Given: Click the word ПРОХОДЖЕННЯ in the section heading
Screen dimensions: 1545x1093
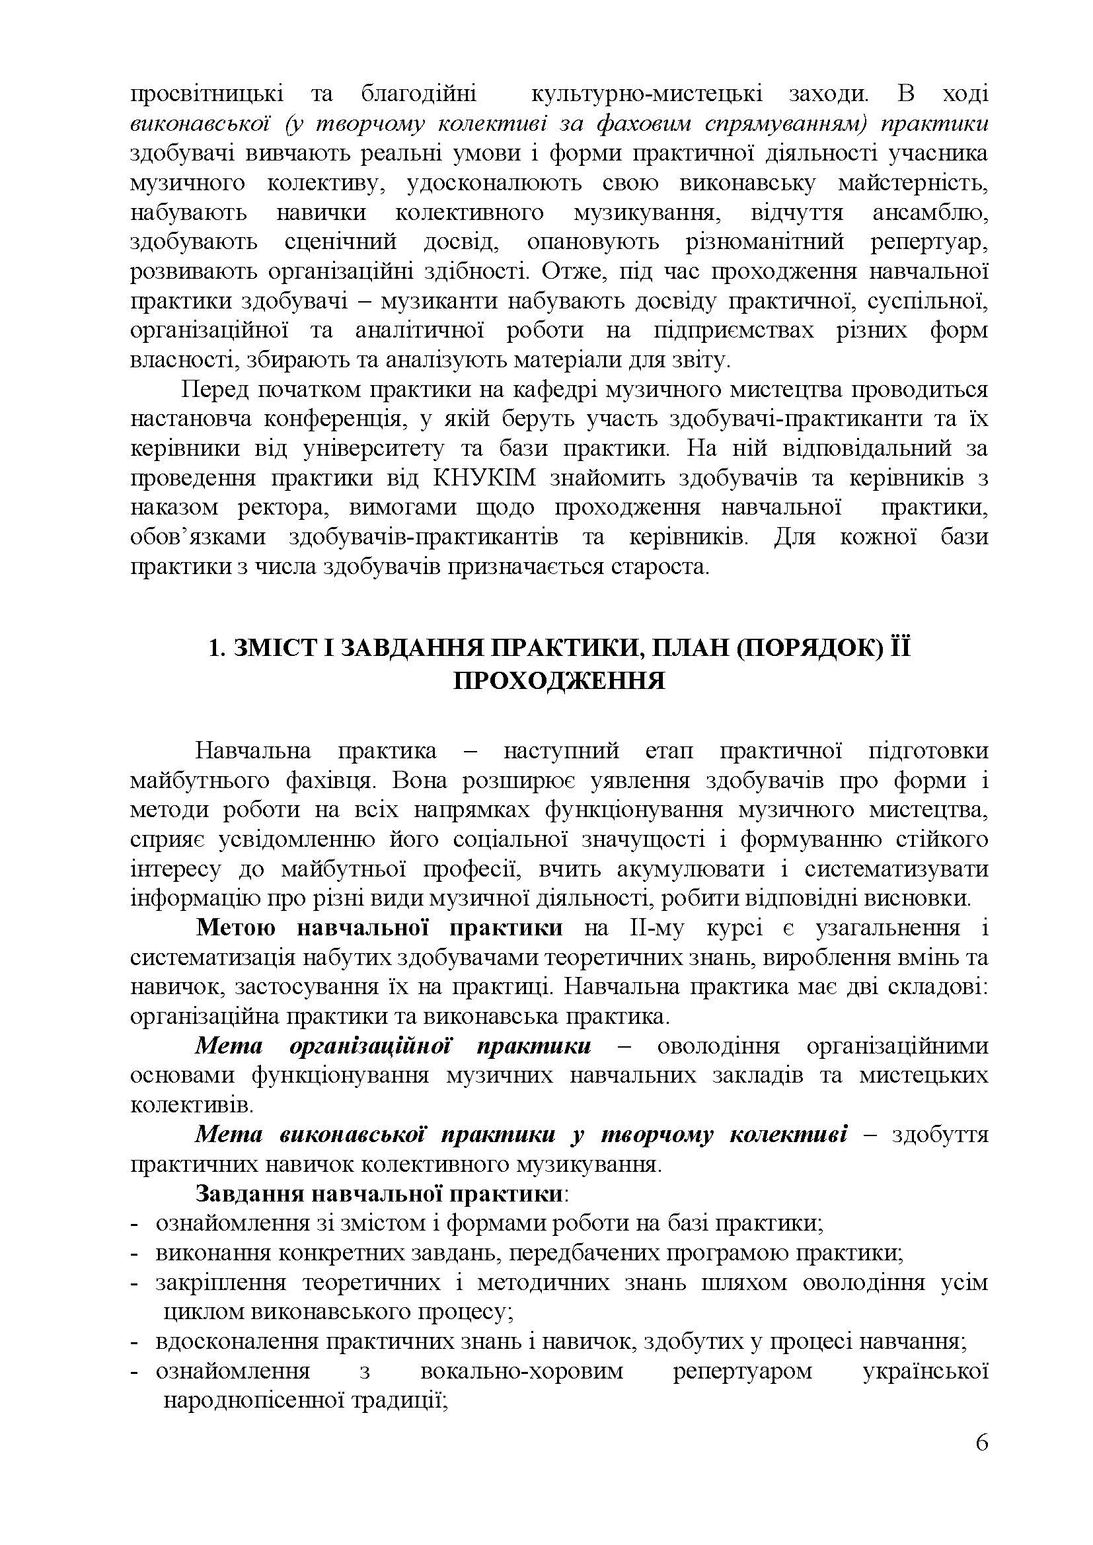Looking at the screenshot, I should pos(558,681).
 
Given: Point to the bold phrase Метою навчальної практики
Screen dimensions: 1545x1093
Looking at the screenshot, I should pos(379,927).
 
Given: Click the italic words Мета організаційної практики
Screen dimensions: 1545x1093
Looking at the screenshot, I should pos(393,1046).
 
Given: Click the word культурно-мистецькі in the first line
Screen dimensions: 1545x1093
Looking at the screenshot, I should pos(647,94).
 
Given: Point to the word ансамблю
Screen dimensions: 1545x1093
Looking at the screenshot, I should pos(930,213).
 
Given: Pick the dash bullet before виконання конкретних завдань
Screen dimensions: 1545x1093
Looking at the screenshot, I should pos(134,1252).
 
